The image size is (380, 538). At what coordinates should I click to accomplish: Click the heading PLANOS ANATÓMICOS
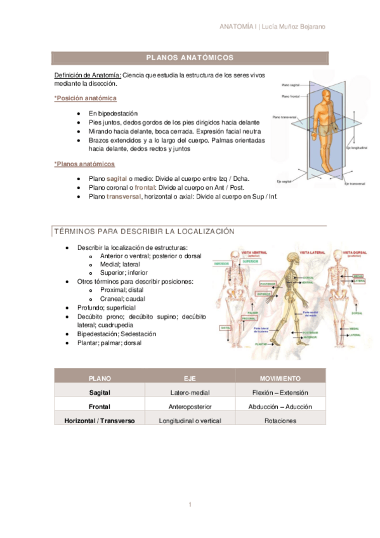tap(190, 58)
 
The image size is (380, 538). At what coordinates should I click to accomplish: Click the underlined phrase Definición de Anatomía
tap(88, 75)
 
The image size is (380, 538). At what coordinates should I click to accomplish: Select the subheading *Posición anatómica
tap(86, 98)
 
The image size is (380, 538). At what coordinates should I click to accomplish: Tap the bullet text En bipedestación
tap(114, 114)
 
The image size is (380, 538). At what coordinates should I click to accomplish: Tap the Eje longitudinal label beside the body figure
tap(357, 147)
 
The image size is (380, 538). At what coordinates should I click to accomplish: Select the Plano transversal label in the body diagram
tap(284, 117)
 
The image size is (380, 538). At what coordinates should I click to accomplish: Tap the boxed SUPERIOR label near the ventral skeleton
tap(250, 261)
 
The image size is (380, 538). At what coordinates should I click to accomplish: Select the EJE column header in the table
tap(190, 378)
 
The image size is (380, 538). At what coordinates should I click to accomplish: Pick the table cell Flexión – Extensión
tap(280, 393)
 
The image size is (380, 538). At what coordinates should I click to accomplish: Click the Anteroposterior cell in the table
tap(190, 407)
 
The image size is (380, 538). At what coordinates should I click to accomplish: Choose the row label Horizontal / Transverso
tap(100, 421)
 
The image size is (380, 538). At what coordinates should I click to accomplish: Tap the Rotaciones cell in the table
tap(280, 421)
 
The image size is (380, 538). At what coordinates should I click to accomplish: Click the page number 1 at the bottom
tap(190, 504)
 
